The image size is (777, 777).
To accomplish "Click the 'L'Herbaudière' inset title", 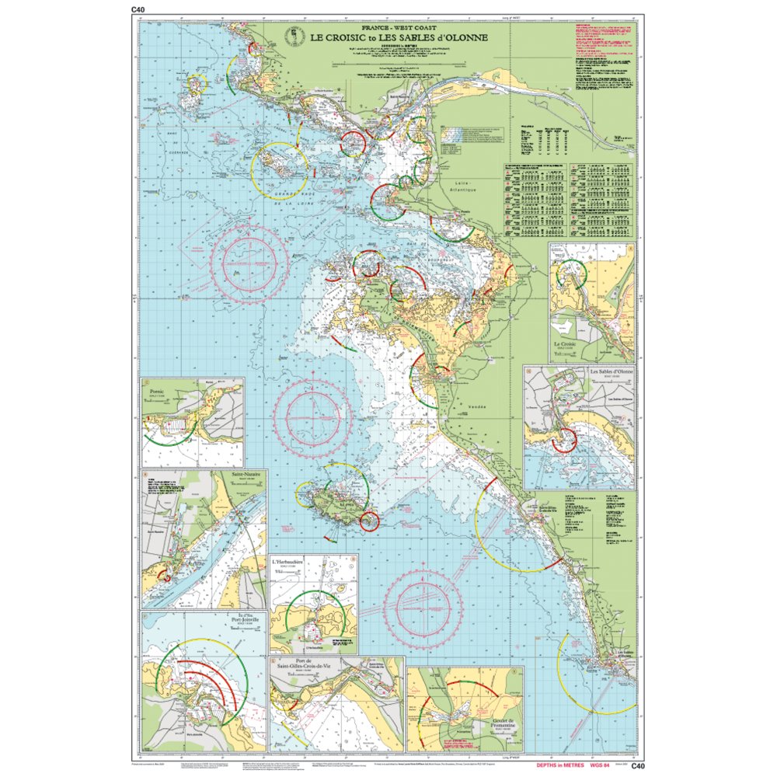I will [x=288, y=561].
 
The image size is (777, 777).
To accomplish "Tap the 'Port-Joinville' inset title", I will [x=248, y=620].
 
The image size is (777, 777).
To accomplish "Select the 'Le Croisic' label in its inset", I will [x=569, y=343].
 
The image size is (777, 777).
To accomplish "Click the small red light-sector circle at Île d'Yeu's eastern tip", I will [x=370, y=521].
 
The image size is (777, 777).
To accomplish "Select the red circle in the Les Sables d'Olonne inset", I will [x=563, y=440].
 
